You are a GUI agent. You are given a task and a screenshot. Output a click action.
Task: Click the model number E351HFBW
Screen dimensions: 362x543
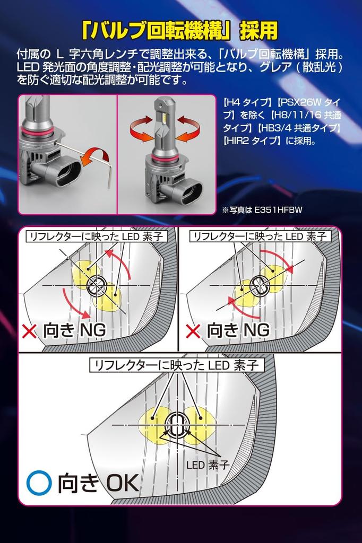279,209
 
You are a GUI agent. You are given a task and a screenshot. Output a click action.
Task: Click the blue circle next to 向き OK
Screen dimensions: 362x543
39,482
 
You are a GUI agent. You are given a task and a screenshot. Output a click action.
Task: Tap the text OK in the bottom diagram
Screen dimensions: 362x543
123,482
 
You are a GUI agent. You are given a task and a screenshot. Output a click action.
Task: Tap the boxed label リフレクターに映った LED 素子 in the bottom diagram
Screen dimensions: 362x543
177,365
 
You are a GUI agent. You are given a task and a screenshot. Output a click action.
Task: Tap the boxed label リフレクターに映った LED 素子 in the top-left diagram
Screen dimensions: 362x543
97,236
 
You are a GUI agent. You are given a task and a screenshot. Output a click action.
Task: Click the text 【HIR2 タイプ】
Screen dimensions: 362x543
252,141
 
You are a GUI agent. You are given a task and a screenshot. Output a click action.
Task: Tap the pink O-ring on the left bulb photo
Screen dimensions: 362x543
38,130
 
